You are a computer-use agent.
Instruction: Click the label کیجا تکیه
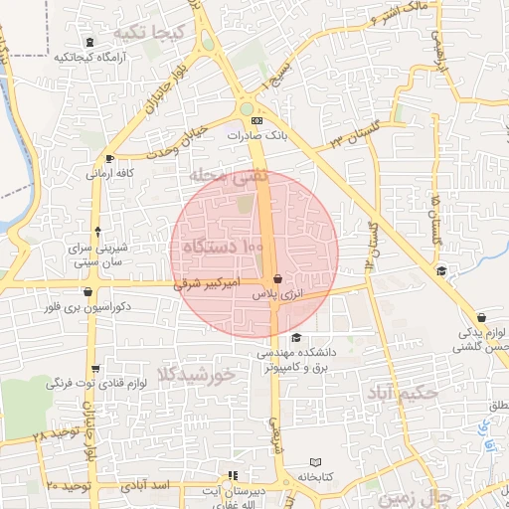[149, 33]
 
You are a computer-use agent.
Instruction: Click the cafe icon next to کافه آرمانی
[109, 158]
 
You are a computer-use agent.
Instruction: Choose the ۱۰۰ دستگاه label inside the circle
[223, 245]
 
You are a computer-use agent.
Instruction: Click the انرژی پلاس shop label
[272, 295]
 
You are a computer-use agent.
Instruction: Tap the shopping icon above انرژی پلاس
[276, 280]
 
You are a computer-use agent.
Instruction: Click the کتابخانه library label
[317, 477]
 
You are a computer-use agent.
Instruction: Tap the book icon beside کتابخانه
[315, 463]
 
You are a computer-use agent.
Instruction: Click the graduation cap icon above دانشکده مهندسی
[295, 338]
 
